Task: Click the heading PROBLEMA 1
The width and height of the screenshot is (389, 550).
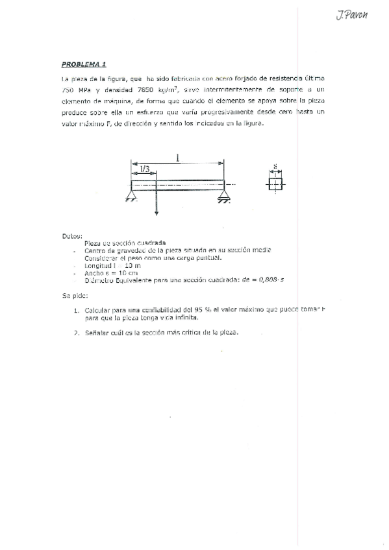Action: click(x=84, y=64)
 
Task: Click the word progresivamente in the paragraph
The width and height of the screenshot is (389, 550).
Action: click(x=227, y=112)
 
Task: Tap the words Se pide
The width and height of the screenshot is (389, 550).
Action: click(x=73, y=295)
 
